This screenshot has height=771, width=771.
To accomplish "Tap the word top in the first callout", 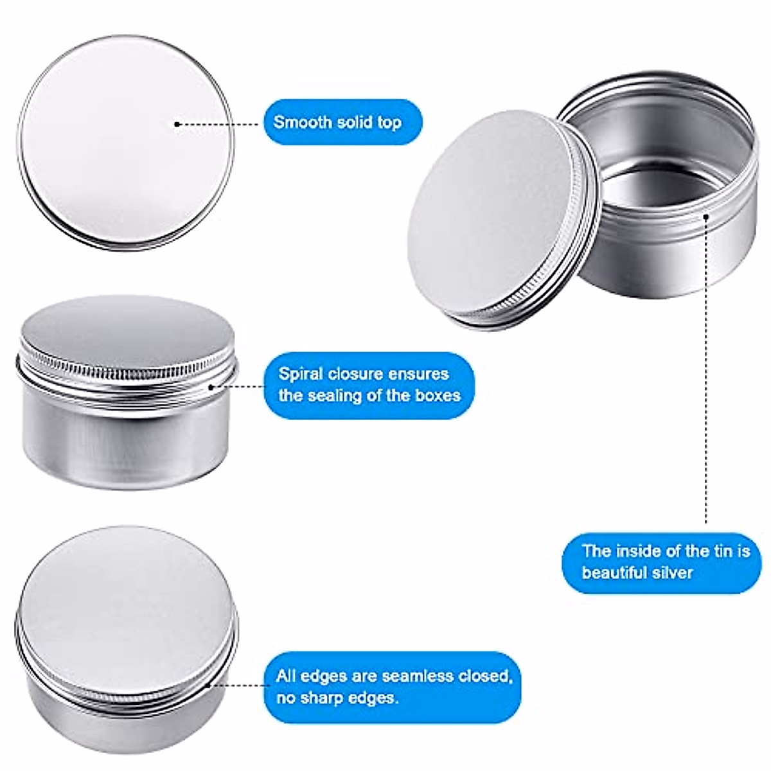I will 389,122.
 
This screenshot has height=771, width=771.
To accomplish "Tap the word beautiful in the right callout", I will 612,572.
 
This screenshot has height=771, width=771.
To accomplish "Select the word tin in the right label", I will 713,551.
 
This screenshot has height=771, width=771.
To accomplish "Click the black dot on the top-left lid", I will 177,124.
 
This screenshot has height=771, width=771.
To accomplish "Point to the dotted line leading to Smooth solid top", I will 218,124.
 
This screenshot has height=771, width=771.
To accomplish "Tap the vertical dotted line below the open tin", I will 706,385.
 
